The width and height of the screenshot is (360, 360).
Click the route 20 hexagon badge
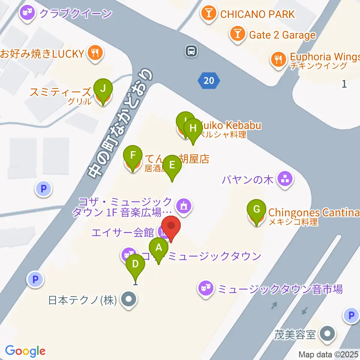[209, 81]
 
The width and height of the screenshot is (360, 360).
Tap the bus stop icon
[191, 51]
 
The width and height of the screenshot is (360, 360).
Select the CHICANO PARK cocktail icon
[208, 14]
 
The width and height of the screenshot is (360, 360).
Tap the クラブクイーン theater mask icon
[28, 14]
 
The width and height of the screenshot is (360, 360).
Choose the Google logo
[25, 351]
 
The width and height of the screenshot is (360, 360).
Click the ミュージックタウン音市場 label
[280, 289]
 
